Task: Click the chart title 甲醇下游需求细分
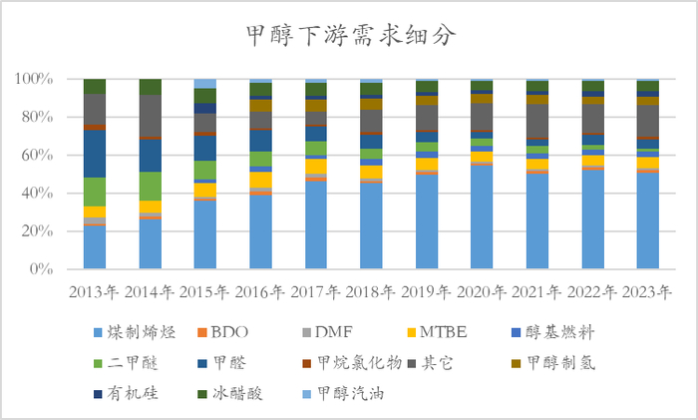coord(349,37)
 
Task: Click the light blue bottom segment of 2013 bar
coord(95,247)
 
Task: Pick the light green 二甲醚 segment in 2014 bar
coord(151,186)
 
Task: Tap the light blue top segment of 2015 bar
coord(205,84)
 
